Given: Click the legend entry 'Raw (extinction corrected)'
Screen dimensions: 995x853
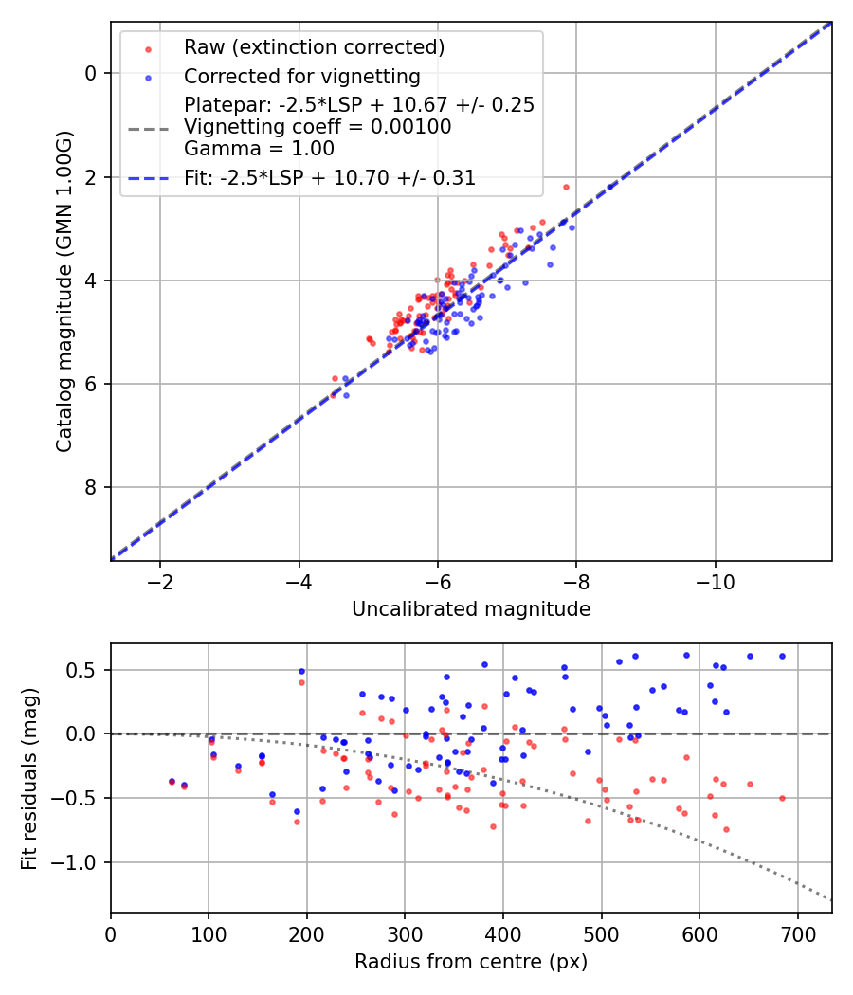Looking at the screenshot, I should click(314, 47).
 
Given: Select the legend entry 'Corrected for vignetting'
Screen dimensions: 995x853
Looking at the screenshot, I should click(302, 77).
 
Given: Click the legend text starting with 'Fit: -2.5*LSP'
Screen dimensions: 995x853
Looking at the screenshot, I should click(330, 177).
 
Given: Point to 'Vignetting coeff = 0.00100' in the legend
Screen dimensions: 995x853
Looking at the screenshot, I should click(318, 127).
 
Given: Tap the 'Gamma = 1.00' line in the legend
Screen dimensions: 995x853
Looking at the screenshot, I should click(259, 148).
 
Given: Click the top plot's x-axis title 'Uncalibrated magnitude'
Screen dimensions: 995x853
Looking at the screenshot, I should click(471, 609).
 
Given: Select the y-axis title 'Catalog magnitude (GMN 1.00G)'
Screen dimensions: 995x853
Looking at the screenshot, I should click(64, 291).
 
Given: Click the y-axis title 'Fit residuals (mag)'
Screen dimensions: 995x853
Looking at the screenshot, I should click(29, 778).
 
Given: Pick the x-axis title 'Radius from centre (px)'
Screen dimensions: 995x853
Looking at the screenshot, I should click(471, 962).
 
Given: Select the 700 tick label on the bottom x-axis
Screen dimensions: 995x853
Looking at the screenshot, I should click(797, 933).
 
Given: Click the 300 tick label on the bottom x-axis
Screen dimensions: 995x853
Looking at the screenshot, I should click(405, 933).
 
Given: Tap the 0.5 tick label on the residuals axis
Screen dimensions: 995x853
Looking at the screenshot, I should click(86, 670).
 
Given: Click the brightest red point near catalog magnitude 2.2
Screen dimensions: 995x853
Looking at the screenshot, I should click(566, 187).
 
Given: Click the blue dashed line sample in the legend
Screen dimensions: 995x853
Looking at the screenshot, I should click(148, 178).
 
